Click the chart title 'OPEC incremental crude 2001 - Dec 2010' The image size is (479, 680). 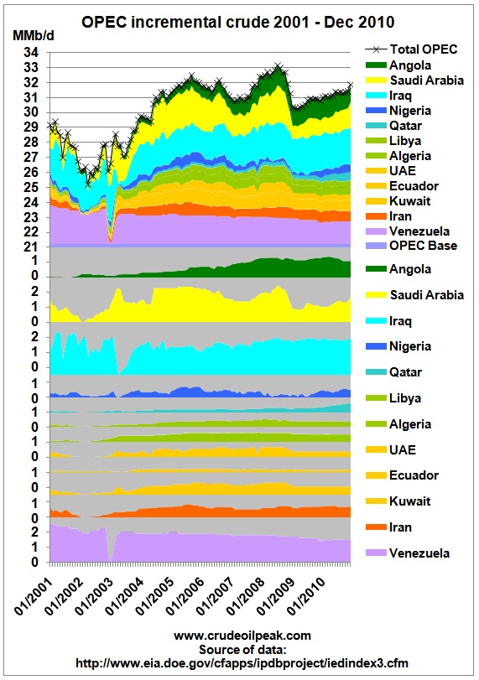click(x=237, y=22)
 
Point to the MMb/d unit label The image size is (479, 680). click(x=34, y=36)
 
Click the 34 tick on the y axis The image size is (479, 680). click(x=31, y=53)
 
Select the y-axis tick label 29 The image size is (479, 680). click(x=31, y=127)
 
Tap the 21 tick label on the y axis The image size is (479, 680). click(x=31, y=247)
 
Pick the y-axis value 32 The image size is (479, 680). click(x=31, y=82)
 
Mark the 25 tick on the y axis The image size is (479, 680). click(x=31, y=187)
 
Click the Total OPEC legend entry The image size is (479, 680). click(x=411, y=49)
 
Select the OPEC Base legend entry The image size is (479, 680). click(x=411, y=246)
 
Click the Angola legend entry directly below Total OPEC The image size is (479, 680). click(x=398, y=65)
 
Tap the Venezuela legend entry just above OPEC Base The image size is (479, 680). click(x=408, y=231)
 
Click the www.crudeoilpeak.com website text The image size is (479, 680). click(x=242, y=636)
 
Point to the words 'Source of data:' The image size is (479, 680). click(x=242, y=650)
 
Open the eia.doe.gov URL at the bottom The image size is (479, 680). click(x=242, y=663)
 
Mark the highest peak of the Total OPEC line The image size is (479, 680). click(x=279, y=66)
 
